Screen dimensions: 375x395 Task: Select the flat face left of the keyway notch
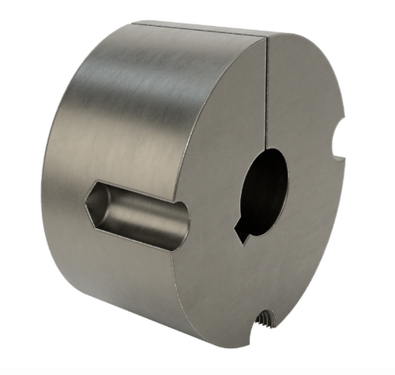tap(213, 229)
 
